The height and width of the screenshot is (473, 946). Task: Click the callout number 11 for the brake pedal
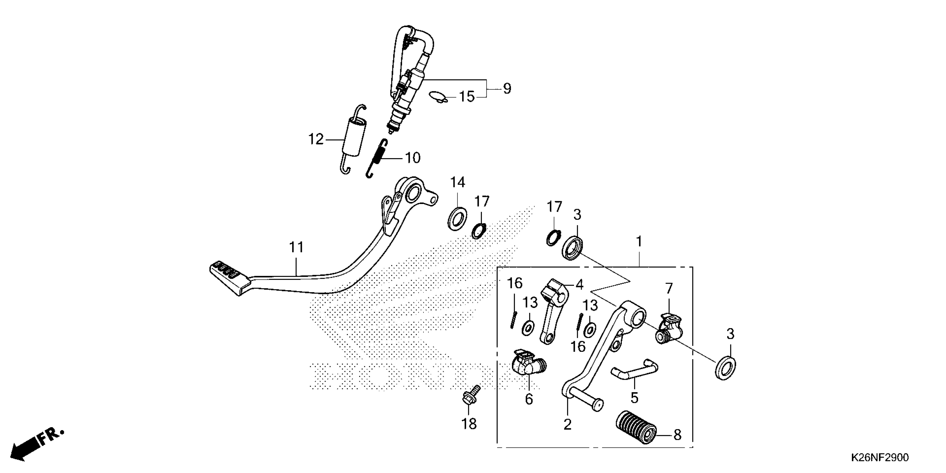pyautogui.click(x=296, y=248)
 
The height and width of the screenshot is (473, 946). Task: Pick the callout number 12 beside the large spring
pyautogui.click(x=316, y=140)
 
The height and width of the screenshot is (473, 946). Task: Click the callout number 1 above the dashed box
pyautogui.click(x=639, y=242)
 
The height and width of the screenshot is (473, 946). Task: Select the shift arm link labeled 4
pyautogui.click(x=553, y=312)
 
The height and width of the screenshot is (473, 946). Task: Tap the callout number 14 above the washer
pyautogui.click(x=458, y=182)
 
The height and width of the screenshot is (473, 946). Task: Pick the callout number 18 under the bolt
pyautogui.click(x=469, y=424)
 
